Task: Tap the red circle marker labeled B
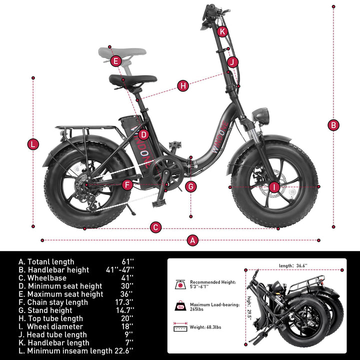coord(333,125)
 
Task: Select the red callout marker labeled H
coord(183,85)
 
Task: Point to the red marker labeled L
coord(33,144)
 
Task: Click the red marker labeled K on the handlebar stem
coord(222,31)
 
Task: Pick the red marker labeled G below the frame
coord(190,186)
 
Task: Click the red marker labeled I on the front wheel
coord(273,187)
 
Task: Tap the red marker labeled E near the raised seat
coord(115,61)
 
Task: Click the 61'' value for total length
coord(128,261)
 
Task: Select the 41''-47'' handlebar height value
coord(119,270)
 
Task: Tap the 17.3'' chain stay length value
coord(125,302)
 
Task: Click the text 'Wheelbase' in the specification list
coord(47,278)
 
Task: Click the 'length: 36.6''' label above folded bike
coord(293,265)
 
